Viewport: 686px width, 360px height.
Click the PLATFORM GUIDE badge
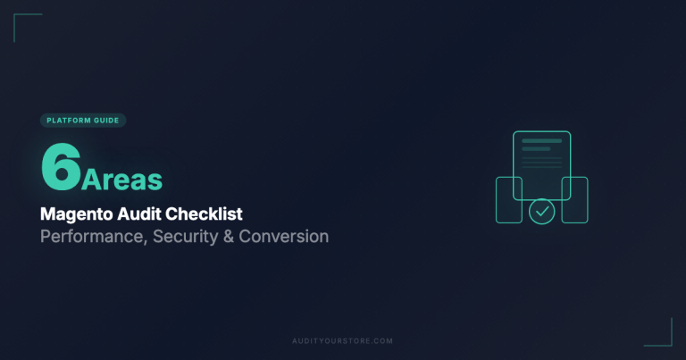click(83, 121)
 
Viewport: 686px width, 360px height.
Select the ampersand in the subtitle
click(230, 237)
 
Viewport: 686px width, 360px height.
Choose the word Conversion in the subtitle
click(284, 237)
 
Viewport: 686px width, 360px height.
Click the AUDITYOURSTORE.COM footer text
click(342, 341)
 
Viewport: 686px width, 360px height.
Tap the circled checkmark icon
click(541, 212)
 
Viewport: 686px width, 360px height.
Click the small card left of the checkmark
click(509, 199)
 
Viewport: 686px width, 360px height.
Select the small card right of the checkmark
click(574, 199)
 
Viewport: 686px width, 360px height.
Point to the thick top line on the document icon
click(541, 141)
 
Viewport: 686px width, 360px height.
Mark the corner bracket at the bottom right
click(665, 339)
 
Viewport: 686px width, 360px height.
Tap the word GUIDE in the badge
click(106, 121)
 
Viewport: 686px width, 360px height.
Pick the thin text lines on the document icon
click(541, 163)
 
